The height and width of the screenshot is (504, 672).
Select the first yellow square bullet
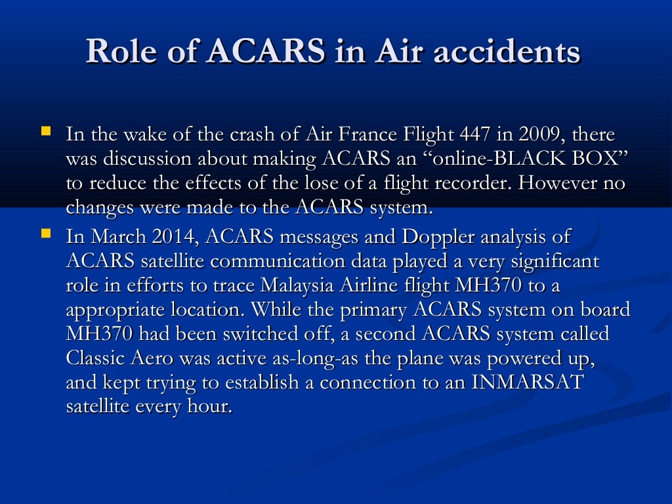coord(46,131)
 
